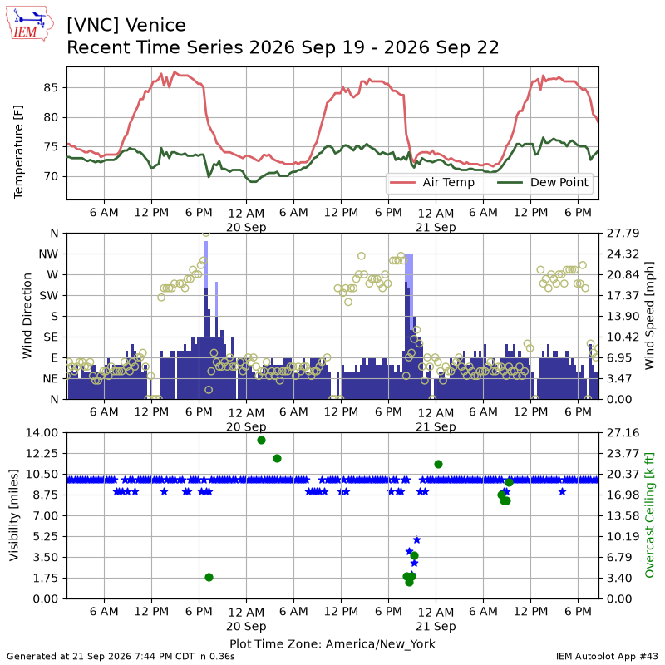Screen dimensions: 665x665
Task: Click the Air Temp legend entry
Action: point(432,182)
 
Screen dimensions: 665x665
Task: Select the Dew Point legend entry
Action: point(543,182)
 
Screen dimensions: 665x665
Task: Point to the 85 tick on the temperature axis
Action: point(50,88)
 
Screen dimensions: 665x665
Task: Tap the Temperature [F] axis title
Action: point(18,152)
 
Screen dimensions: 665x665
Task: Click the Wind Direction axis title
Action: point(27,316)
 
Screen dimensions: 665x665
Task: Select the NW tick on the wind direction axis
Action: point(48,254)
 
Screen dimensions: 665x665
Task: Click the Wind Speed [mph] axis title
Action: point(649,316)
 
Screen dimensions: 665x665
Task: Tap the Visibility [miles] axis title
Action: point(14,515)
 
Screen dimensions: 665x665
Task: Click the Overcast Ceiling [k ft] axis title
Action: point(649,515)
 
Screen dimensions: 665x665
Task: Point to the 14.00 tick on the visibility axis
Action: point(42,433)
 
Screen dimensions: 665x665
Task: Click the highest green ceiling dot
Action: point(261,441)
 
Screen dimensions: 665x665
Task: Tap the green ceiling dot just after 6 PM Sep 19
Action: point(209,577)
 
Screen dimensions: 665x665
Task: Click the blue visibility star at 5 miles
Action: point(416,539)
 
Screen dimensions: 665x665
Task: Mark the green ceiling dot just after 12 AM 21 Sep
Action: point(439,465)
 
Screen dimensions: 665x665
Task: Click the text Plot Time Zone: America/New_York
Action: point(332,643)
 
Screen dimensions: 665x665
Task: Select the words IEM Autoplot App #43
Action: point(607,657)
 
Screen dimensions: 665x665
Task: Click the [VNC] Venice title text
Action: point(126,26)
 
